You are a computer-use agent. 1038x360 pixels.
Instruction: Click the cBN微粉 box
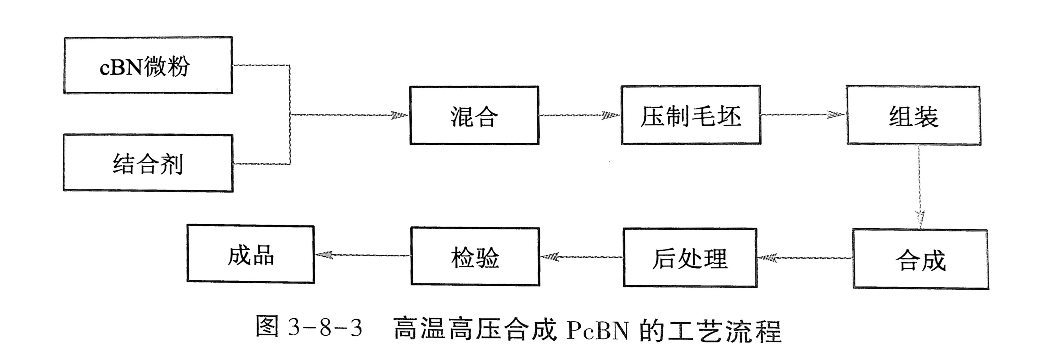pos(148,66)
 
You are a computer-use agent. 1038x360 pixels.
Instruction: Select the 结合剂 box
pos(148,163)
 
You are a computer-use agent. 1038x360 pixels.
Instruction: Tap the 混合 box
pos(474,115)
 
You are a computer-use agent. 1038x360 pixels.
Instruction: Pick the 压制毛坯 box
pos(691,115)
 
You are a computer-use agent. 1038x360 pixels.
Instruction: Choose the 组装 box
pos(913,116)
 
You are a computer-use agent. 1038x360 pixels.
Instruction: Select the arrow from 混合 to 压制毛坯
pos(579,115)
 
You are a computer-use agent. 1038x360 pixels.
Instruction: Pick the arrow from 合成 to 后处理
pos(805,257)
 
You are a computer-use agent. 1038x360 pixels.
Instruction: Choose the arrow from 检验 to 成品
pos(362,255)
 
